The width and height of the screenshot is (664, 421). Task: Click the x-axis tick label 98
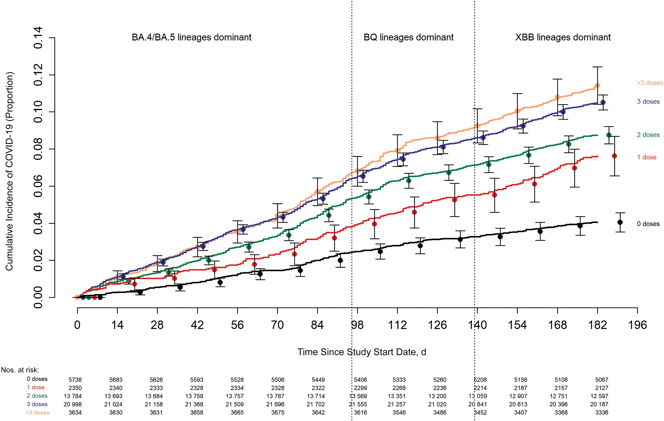[x=357, y=325]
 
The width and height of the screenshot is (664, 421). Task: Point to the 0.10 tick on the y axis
[x=38, y=112]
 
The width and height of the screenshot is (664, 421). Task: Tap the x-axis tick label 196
[x=637, y=325]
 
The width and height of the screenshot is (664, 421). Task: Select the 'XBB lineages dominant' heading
[x=563, y=37]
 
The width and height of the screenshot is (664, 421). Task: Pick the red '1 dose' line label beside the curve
[x=647, y=157]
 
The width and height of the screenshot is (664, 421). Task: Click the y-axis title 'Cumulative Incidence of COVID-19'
[x=9, y=171]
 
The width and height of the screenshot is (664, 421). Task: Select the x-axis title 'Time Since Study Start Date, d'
[x=362, y=352]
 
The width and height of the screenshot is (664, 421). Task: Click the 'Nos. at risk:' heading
[x=20, y=370]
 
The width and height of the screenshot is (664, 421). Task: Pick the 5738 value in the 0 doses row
[x=75, y=380]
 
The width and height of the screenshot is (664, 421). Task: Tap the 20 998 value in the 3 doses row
[x=73, y=404]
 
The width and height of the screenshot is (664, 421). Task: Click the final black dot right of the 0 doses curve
[x=620, y=222]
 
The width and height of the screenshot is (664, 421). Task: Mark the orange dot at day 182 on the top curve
[x=597, y=86]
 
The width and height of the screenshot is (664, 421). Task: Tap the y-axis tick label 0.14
[x=38, y=38]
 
